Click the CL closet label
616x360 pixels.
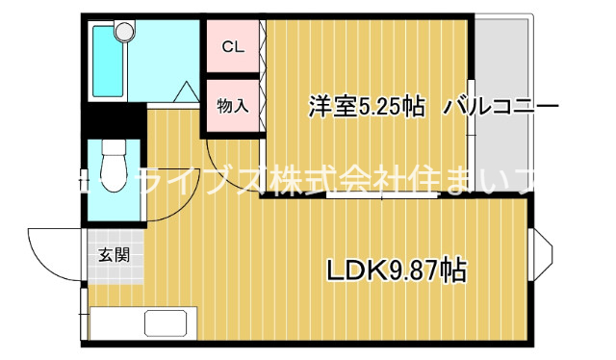232,46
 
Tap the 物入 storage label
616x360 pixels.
232,105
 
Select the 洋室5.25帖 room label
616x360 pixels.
367,106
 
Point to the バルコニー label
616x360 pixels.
500,106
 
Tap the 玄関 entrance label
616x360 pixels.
114,255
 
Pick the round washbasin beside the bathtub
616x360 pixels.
124,32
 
